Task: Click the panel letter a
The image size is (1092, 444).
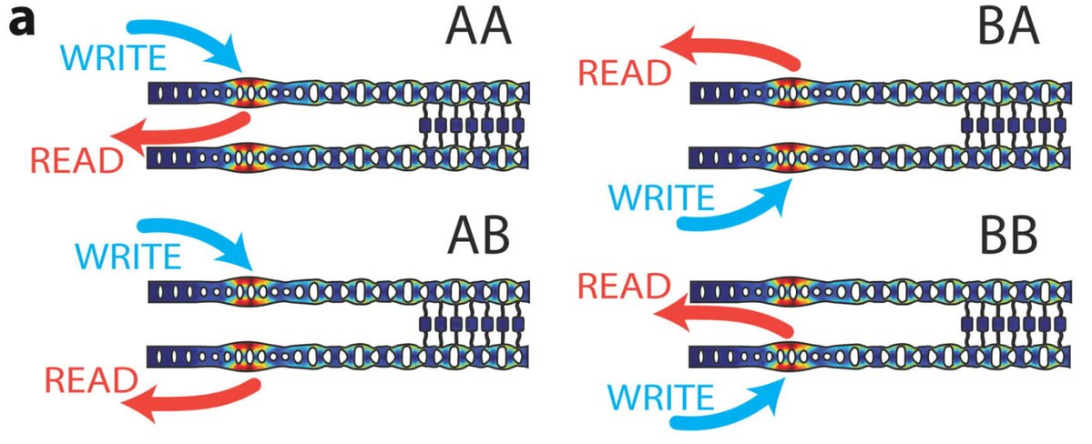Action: [20, 21]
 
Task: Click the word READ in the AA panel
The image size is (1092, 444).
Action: [77, 160]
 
